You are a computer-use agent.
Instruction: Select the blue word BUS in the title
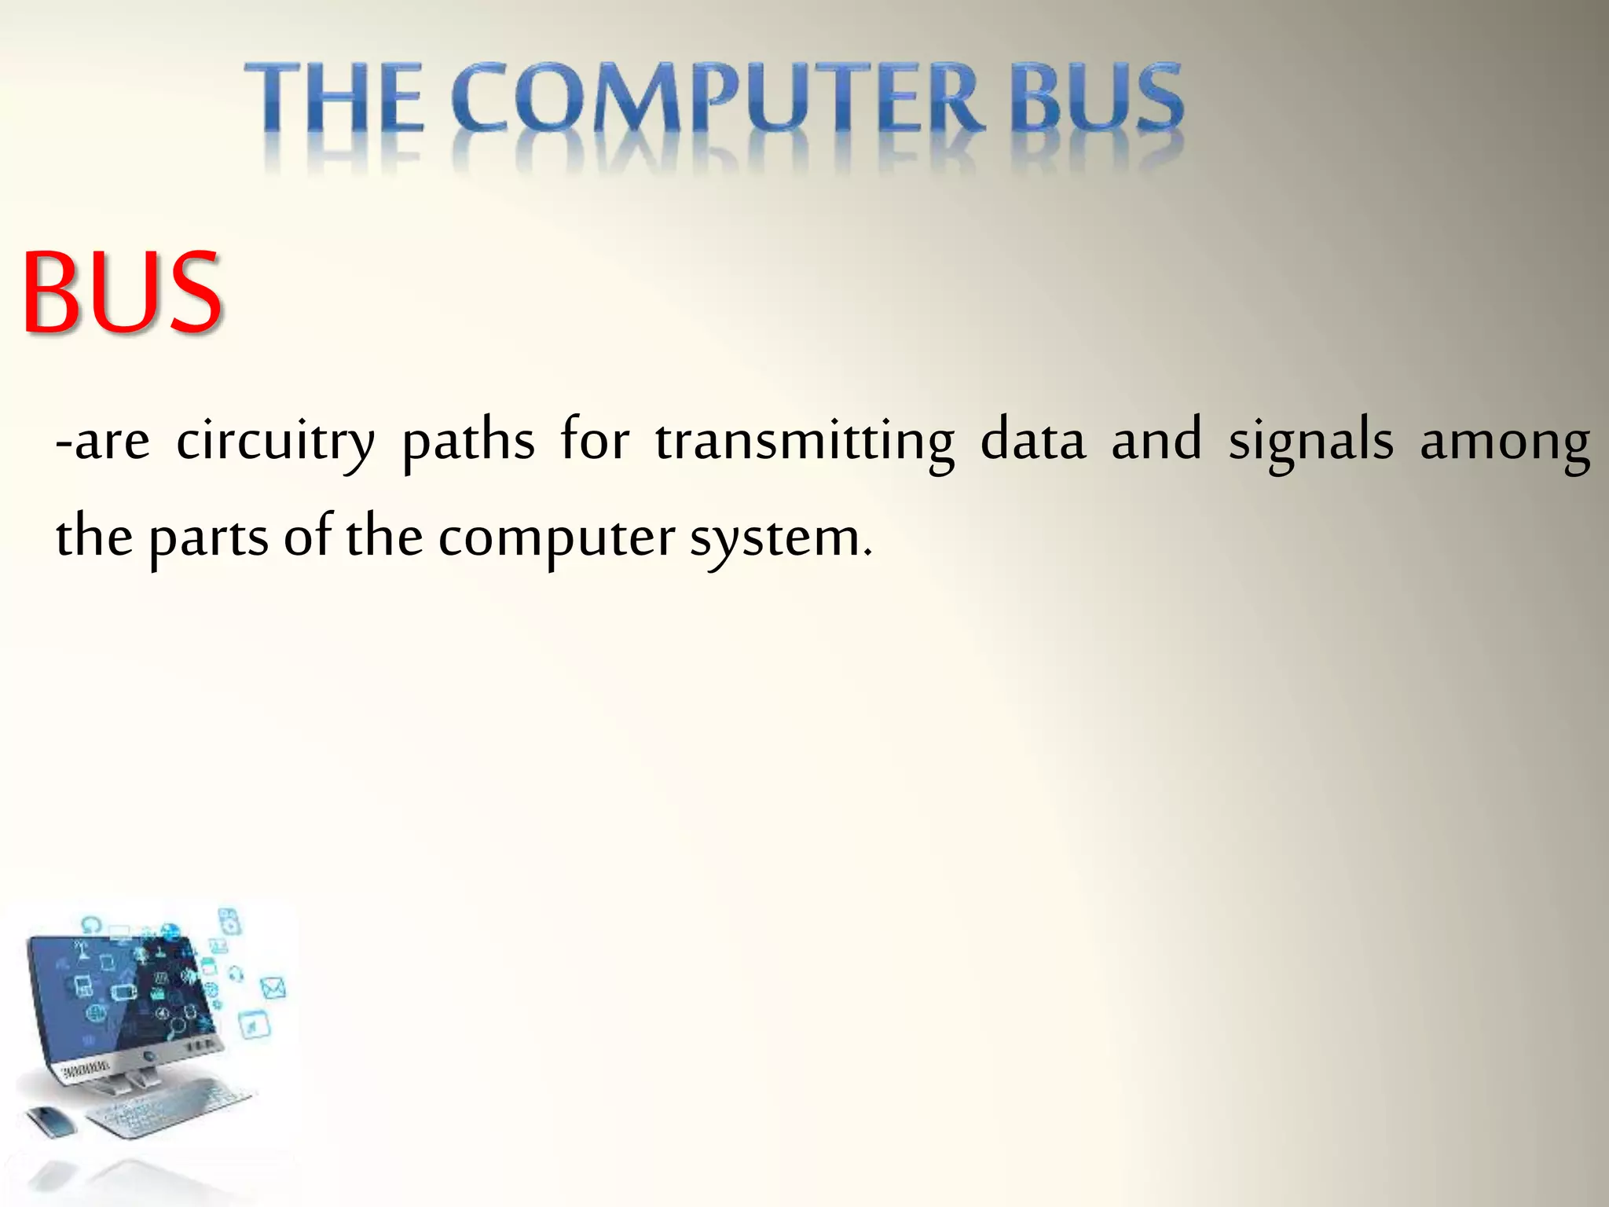tap(1096, 98)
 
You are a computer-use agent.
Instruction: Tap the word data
tap(1033, 440)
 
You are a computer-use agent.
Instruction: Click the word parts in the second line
tap(208, 539)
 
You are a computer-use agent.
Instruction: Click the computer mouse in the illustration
tap(52, 1119)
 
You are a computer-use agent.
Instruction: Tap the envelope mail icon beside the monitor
tap(272, 988)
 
